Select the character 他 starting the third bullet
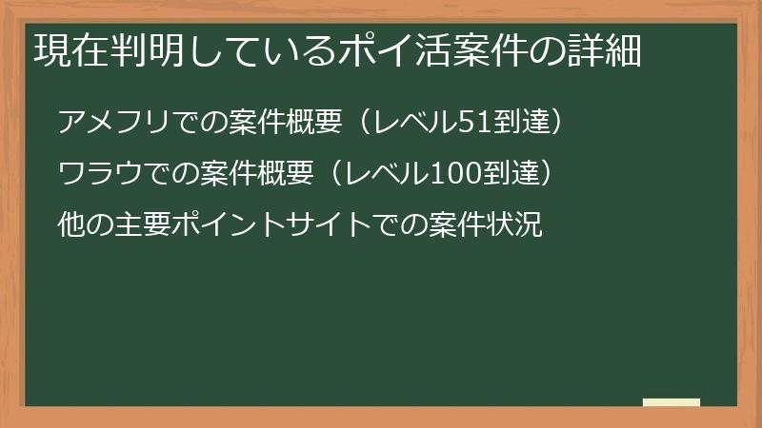tap(70, 226)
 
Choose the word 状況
tap(515, 226)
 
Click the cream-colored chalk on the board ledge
tap(672, 402)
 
